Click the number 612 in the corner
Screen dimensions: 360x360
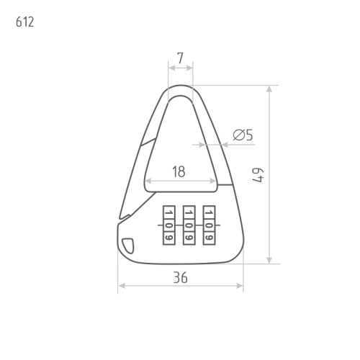coord(24,22)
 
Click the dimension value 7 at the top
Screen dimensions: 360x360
coord(180,56)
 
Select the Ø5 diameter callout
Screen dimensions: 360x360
coord(243,135)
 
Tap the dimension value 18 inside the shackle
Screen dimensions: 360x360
coord(179,171)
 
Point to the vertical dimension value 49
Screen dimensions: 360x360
coord(258,175)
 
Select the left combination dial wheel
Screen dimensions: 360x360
coord(168,225)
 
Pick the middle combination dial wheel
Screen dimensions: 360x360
coord(189,225)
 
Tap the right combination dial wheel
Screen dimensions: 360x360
coord(209,225)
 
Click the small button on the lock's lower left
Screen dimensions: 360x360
coord(127,246)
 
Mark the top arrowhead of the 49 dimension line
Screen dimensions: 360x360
coord(269,89)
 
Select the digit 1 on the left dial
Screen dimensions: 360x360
coord(168,214)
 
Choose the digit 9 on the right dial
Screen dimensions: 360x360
coord(209,235)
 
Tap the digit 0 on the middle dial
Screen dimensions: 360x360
coord(189,225)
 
